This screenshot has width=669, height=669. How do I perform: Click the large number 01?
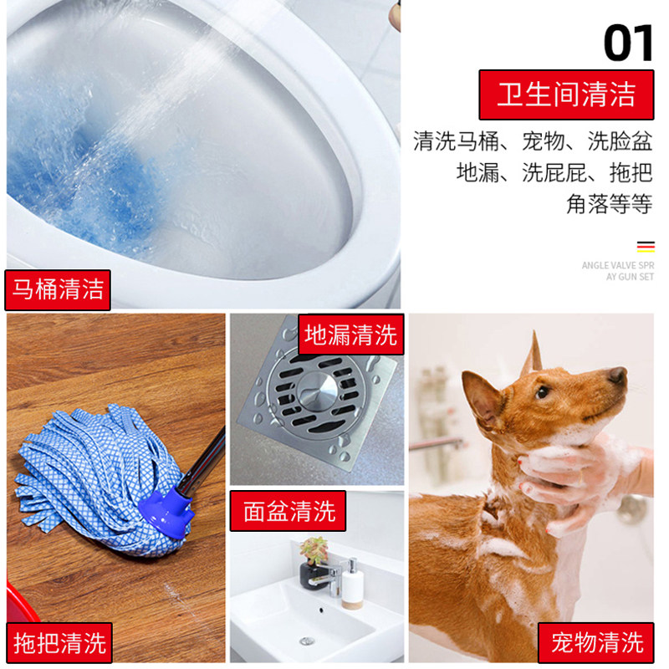click(x=628, y=43)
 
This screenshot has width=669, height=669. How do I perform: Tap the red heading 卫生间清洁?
click(x=566, y=94)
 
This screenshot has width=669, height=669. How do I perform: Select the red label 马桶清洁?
click(x=58, y=289)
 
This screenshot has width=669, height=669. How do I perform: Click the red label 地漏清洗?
click(x=350, y=334)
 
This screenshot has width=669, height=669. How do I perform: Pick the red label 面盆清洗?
click(x=288, y=511)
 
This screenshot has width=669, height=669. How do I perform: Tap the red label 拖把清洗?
click(x=59, y=642)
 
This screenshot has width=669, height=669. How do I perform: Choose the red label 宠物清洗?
click(x=596, y=642)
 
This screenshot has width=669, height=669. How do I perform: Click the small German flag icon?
click(x=646, y=247)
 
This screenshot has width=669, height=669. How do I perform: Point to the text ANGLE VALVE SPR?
click(x=617, y=265)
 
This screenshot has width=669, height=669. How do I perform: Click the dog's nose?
click(x=617, y=375)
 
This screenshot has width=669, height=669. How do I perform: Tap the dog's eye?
click(x=542, y=391)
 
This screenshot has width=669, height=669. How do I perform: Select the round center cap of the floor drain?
click(x=317, y=390)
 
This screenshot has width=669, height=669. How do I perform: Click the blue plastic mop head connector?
click(x=166, y=512)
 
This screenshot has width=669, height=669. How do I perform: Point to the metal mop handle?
click(x=202, y=464)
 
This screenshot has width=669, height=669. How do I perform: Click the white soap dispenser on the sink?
click(x=352, y=584)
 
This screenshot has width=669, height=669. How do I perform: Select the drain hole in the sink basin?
click(x=306, y=641)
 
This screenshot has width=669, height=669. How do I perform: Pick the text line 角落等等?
click(x=610, y=204)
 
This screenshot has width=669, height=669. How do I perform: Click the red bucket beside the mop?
click(x=20, y=602)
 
